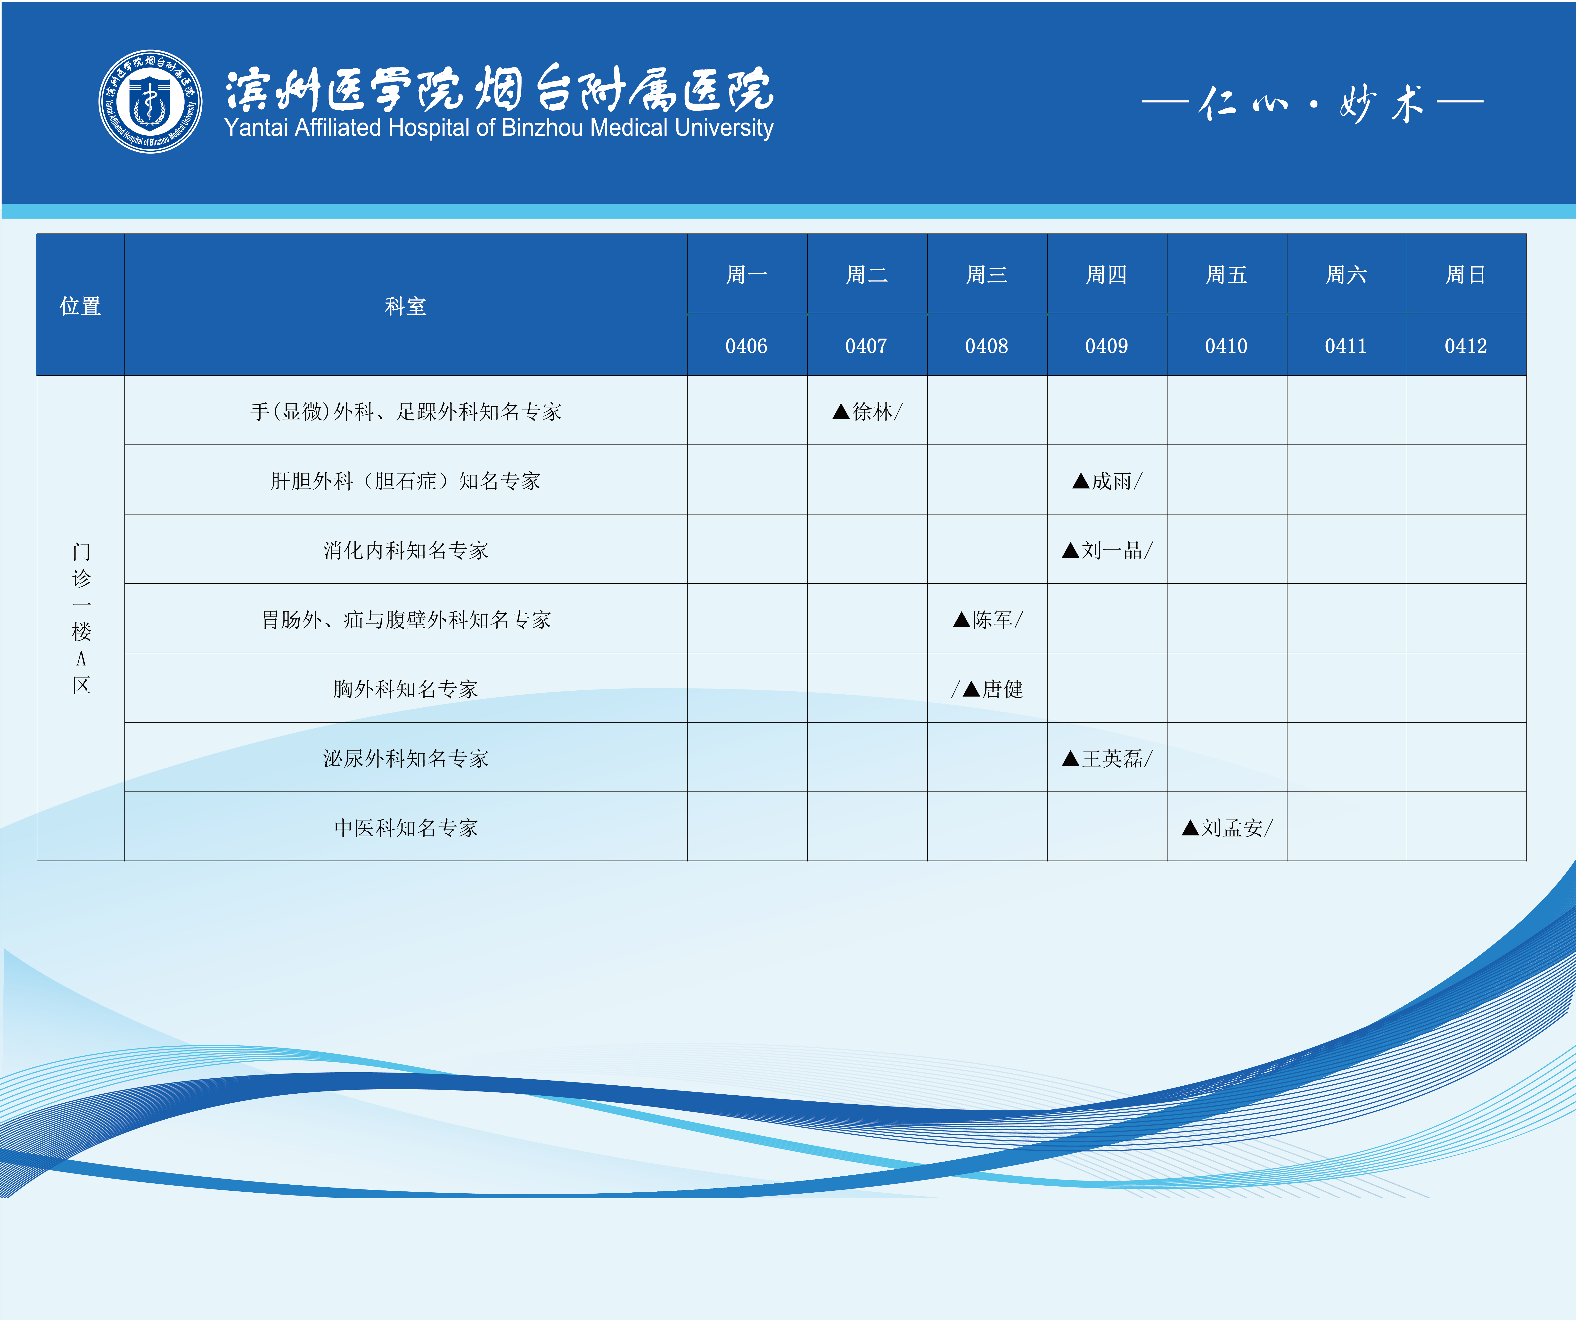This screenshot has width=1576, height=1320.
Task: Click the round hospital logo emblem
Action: click(150, 101)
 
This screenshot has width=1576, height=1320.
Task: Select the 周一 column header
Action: click(747, 275)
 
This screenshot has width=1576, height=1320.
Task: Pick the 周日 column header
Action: click(1466, 275)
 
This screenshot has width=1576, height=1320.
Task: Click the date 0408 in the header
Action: click(986, 346)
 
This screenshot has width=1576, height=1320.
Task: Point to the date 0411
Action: click(1346, 346)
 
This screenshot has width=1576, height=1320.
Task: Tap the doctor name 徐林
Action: click(873, 411)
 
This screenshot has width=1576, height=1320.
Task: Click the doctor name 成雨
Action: click(1112, 481)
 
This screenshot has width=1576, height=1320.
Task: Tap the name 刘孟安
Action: click(1232, 828)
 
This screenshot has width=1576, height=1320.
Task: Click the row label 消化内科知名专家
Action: click(405, 550)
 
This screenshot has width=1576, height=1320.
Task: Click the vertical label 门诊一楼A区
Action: click(81, 618)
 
